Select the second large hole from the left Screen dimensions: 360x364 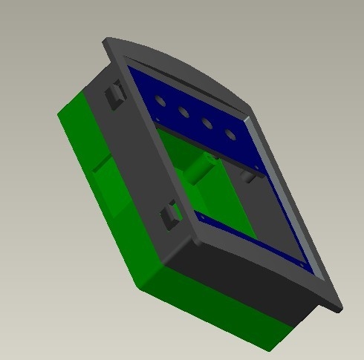[183, 112]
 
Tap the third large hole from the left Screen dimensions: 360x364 [207, 124]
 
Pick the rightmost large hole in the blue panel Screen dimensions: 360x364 [231, 136]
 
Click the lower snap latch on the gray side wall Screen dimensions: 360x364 [172, 215]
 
